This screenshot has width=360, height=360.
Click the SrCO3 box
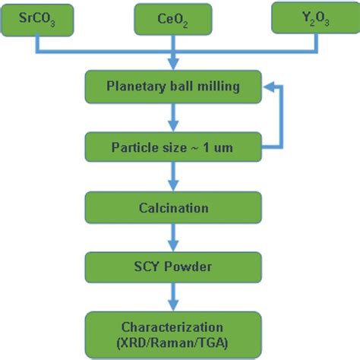click(37, 19)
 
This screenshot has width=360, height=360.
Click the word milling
click(219, 87)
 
